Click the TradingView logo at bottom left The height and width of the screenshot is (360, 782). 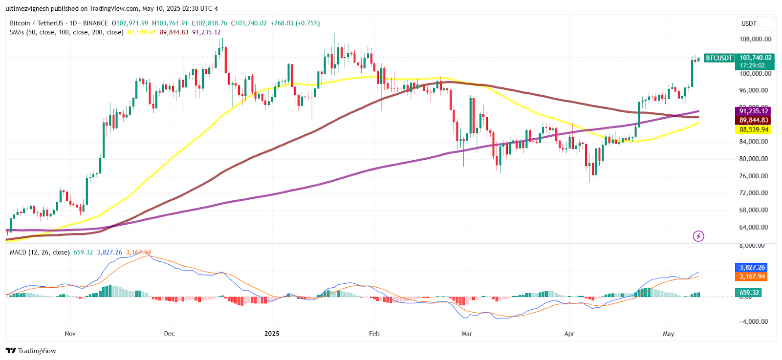click(31, 351)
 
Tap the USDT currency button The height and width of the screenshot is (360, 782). click(749, 23)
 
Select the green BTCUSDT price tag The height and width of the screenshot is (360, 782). click(718, 58)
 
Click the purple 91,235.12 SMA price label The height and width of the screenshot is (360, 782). click(753, 111)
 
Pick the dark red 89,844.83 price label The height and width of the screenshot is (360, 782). click(753, 120)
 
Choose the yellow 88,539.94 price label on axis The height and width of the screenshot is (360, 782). click(753, 130)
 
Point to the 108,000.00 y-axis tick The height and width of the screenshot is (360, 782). click(755, 39)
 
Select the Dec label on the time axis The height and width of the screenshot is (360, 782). click(169, 334)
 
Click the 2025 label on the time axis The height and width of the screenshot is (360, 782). click(272, 334)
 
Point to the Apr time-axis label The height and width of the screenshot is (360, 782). click(569, 334)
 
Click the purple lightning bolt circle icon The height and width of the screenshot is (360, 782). click(698, 236)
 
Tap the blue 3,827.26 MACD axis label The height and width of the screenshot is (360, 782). click(752, 268)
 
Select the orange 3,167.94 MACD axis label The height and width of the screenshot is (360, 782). click(752, 276)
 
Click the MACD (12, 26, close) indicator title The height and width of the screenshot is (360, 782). click(40, 253)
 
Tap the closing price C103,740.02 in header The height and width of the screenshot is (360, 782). click(249, 23)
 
